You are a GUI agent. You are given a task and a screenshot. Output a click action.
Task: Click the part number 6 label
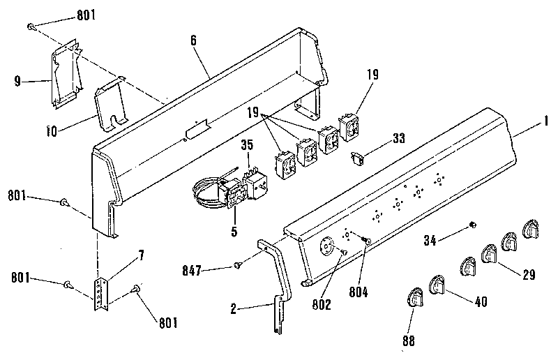point(193,40)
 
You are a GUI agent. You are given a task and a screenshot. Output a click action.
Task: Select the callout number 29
point(528,274)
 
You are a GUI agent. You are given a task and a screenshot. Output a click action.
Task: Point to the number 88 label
point(409,342)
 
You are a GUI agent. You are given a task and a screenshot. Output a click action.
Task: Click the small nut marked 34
point(472,224)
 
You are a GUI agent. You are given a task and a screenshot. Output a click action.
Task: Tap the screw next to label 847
point(239,264)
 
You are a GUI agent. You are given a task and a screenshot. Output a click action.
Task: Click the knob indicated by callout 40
point(438,285)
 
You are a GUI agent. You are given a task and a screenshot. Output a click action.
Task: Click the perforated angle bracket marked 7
point(102,292)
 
